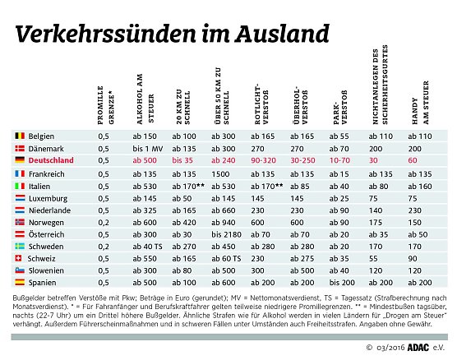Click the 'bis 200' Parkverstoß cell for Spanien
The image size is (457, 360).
click(341, 282)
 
